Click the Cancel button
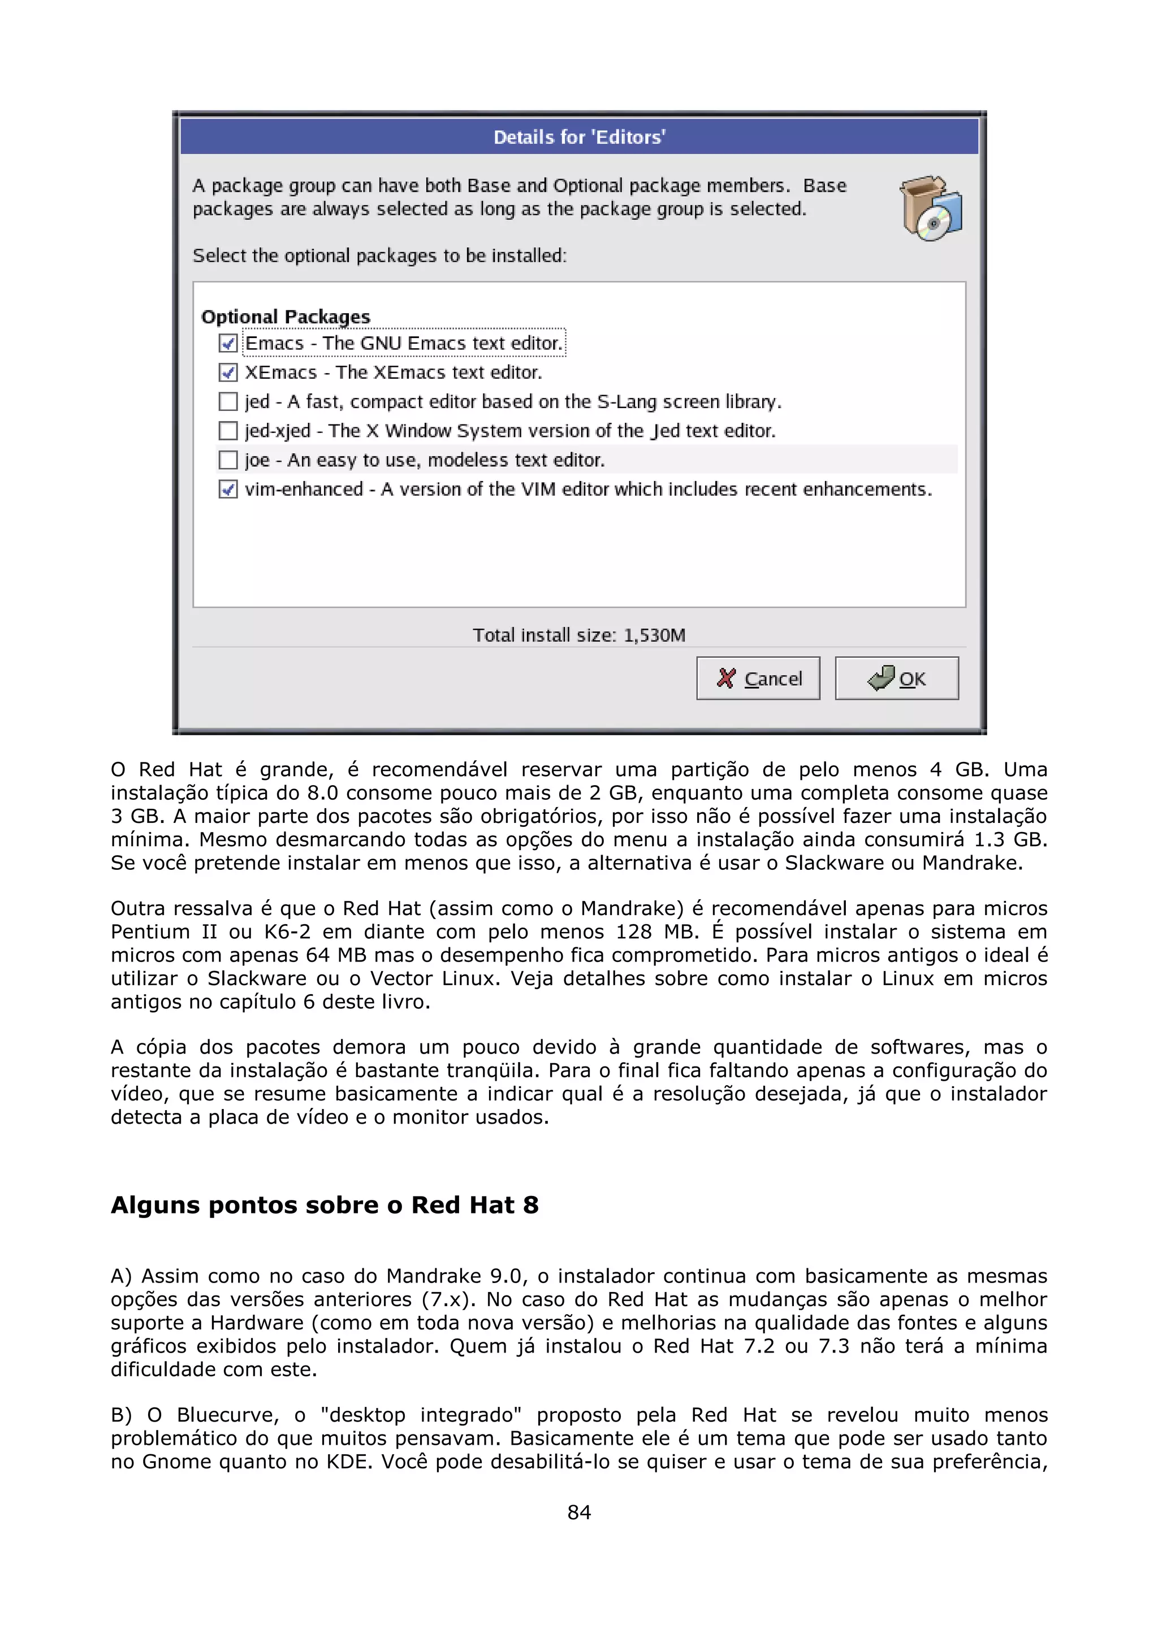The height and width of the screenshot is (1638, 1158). coord(758,678)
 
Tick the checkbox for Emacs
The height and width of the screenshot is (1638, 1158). coord(228,344)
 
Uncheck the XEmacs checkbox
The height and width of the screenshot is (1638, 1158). coord(228,372)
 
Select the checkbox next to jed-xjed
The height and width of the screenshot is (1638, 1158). coord(228,431)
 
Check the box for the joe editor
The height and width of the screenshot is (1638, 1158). coord(228,460)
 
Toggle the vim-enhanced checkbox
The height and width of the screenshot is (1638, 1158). coord(228,489)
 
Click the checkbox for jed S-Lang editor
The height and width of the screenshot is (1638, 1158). coord(228,402)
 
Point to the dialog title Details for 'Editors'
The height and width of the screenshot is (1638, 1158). coord(580,137)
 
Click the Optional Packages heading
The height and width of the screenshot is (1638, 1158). coord(286,316)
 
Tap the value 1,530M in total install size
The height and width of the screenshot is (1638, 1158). coord(654,635)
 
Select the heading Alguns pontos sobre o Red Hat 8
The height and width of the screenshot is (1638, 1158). coord(325,1205)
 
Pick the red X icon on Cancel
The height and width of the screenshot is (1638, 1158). coord(725,678)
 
